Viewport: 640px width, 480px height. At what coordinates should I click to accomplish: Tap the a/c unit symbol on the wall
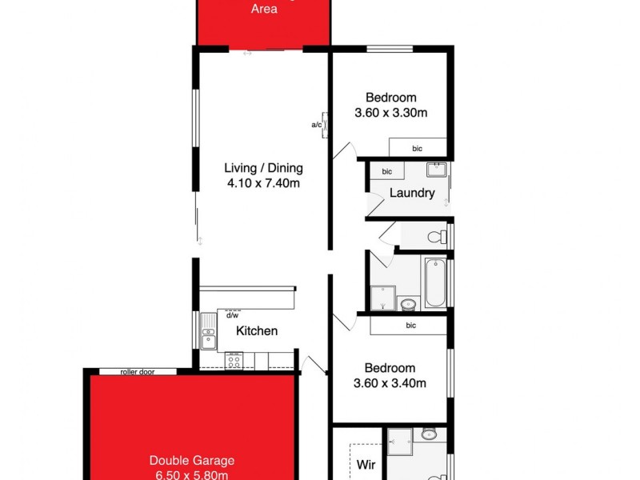click(x=325, y=124)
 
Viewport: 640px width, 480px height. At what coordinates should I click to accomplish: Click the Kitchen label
click(x=257, y=330)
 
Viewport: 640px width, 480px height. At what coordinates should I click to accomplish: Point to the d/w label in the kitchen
click(x=233, y=314)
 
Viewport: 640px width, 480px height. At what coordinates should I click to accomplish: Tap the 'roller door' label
click(x=138, y=371)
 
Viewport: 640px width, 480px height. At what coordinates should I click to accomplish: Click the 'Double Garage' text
click(x=191, y=460)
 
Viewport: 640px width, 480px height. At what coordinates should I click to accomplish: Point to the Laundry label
click(x=412, y=193)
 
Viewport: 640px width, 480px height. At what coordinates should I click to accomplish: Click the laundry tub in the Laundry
click(x=436, y=170)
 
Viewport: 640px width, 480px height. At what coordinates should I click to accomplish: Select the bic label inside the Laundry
click(x=387, y=171)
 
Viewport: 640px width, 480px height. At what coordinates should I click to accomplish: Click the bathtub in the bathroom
click(x=434, y=282)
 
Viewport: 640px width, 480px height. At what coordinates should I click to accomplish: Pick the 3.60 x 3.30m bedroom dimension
click(x=390, y=113)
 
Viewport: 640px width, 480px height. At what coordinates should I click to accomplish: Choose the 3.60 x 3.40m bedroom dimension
click(x=390, y=383)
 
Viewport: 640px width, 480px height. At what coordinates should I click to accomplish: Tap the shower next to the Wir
click(x=399, y=440)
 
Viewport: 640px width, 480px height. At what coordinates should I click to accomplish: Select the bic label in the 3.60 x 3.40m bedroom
click(x=411, y=326)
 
